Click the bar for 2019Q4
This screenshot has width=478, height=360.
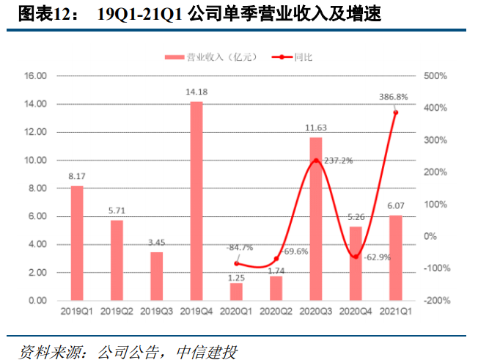(x=196, y=201)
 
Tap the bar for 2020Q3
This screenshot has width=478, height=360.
(x=316, y=218)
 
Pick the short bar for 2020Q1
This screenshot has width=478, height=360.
(x=236, y=292)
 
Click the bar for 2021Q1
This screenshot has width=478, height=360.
(x=395, y=257)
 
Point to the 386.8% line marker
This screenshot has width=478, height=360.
(x=395, y=111)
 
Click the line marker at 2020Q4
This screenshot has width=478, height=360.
(x=356, y=257)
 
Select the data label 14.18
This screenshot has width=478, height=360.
(x=196, y=92)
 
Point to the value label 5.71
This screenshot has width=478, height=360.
(x=117, y=210)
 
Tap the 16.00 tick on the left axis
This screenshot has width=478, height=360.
(x=35, y=76)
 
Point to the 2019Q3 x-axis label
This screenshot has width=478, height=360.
(x=156, y=312)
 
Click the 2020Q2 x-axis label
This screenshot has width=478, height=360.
(x=276, y=312)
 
